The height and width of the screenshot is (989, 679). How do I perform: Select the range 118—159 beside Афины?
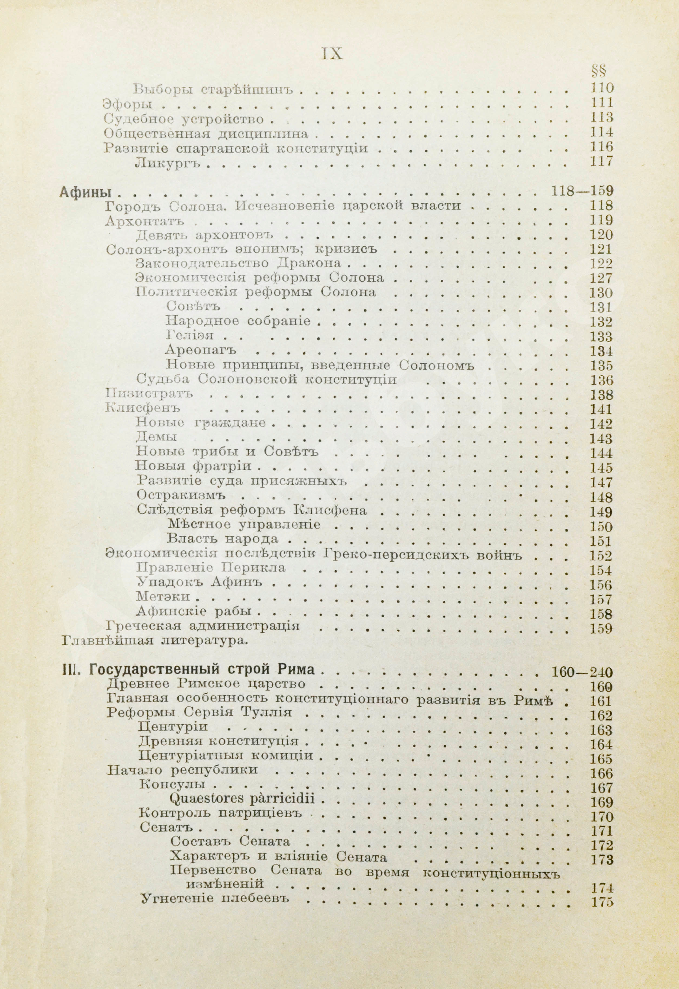[x=582, y=191]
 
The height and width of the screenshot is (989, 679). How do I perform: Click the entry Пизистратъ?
[x=149, y=394]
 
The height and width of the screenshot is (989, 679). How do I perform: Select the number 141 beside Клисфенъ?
[x=601, y=409]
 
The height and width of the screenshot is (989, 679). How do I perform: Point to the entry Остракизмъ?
[x=181, y=496]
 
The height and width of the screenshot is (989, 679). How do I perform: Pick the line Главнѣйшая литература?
[x=154, y=640]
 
